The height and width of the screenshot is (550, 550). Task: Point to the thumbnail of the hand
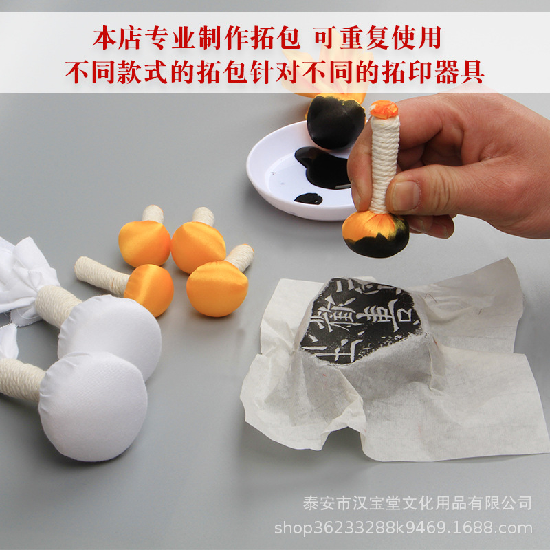[405, 196]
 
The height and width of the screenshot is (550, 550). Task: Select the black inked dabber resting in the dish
[335, 122]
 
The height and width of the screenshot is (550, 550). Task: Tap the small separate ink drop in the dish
[308, 199]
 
